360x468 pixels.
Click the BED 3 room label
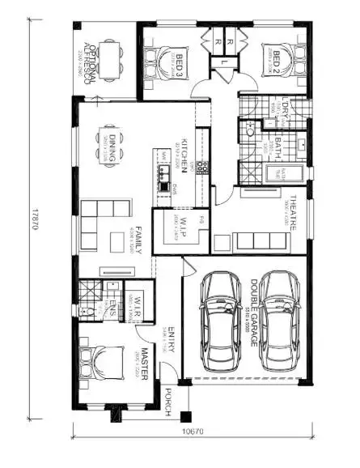click(180, 62)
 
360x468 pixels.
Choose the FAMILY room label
click(138, 240)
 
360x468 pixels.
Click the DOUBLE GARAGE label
click(252, 304)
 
